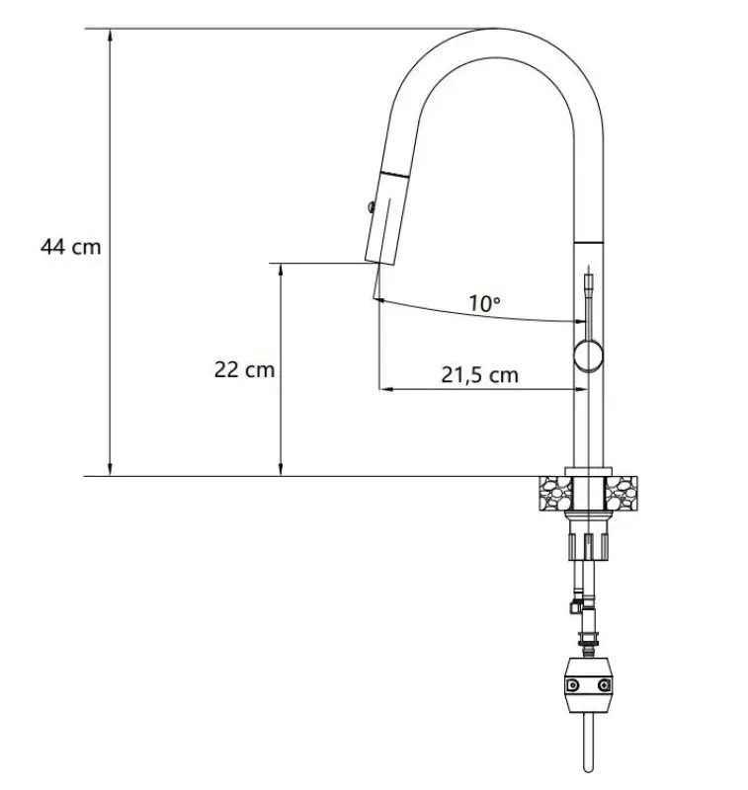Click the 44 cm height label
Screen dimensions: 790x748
click(70, 246)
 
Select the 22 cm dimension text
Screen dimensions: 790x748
click(244, 370)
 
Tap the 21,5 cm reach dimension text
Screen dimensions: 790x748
click(479, 374)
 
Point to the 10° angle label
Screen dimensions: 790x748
click(484, 304)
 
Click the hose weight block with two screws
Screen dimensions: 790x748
click(589, 685)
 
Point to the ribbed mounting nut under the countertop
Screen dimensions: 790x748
click(589, 544)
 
